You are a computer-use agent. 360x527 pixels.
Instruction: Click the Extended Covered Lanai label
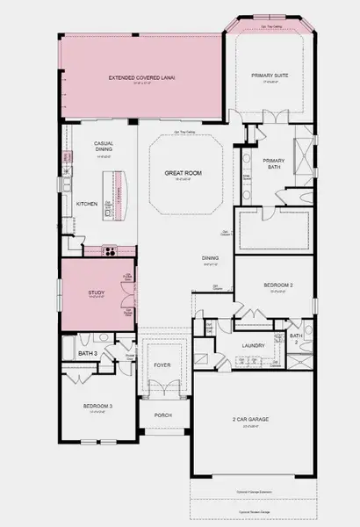coord(142,78)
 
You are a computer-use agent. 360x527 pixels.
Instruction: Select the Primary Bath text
coord(273,162)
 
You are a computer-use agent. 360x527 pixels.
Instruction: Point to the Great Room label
coord(184,174)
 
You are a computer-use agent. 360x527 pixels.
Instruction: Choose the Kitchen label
coord(86,204)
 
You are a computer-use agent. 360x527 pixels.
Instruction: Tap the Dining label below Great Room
coord(210,257)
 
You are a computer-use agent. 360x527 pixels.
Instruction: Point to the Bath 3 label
coord(87,354)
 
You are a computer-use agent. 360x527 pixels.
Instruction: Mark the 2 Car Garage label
coord(251,419)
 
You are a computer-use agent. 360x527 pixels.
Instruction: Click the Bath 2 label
coord(296,339)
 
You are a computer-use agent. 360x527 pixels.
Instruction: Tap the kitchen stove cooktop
coord(112,249)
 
